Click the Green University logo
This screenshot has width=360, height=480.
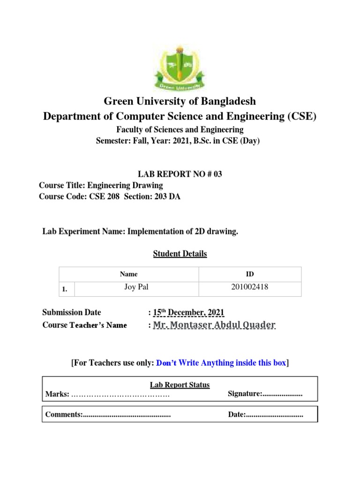click(x=180, y=67)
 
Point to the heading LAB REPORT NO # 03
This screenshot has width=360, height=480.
click(x=180, y=174)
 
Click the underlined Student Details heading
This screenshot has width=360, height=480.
click(x=180, y=254)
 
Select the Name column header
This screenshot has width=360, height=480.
click(x=128, y=274)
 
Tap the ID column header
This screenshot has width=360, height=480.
click(x=250, y=274)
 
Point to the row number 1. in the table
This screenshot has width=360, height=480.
click(x=65, y=290)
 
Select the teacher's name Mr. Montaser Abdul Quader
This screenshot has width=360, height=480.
click(x=214, y=325)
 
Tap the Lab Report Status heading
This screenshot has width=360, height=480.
click(x=180, y=385)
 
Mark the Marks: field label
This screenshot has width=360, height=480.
click(x=57, y=395)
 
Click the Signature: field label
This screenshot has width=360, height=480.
click(x=244, y=394)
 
